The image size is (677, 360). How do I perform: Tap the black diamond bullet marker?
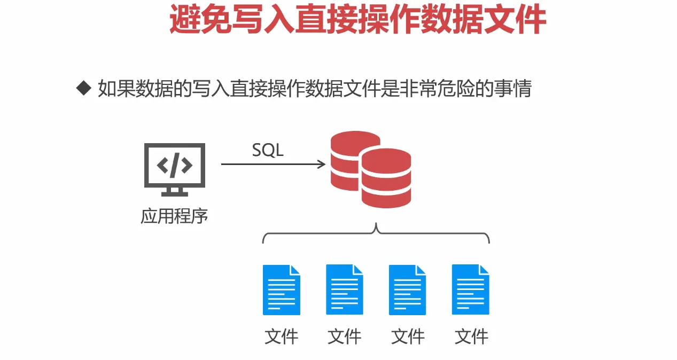83,88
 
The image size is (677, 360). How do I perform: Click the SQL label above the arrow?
268,151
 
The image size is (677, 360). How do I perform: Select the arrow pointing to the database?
273,164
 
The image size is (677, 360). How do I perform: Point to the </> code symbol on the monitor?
175,166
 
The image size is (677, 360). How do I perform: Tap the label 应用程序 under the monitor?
174,216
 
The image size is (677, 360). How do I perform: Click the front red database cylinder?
386,178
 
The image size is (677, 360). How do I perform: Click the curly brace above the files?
376,234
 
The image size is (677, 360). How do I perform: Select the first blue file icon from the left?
281,289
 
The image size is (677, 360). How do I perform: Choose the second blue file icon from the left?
345,289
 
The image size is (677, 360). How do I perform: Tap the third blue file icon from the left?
408,289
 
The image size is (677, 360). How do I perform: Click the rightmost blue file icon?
471,289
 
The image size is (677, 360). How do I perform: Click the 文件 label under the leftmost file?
281,336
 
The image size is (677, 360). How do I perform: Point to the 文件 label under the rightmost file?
471,336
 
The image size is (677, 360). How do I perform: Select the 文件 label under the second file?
345,336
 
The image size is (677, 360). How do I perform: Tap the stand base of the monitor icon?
175,193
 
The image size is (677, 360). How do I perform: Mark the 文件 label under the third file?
408,336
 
